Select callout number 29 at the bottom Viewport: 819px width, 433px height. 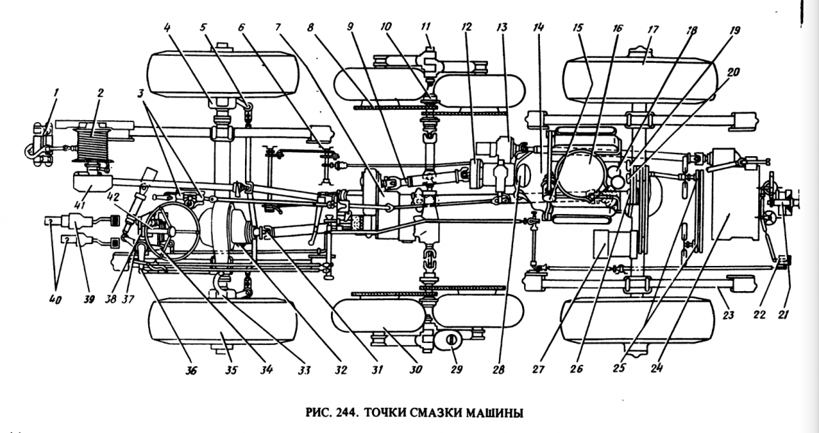pyautogui.click(x=457, y=370)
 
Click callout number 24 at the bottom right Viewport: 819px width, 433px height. pyautogui.click(x=657, y=370)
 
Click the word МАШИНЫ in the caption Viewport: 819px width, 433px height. pyautogui.click(x=502, y=413)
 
